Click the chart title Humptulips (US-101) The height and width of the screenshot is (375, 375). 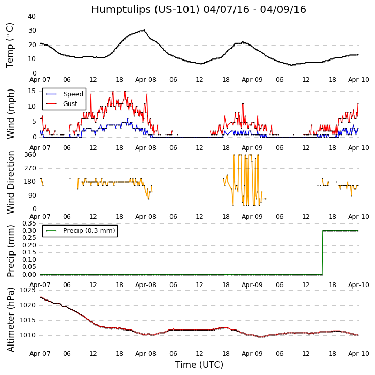198,10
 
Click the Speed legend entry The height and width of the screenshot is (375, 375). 73,94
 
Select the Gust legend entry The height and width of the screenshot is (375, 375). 70,104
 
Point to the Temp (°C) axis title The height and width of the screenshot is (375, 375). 10,45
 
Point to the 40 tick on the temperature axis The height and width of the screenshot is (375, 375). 32,17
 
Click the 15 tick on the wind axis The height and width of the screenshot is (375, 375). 32,91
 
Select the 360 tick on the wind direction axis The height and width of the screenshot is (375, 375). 29,155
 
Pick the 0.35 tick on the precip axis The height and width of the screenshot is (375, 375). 28,223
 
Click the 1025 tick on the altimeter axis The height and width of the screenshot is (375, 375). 27,290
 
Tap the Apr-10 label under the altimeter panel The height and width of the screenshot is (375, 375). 358,354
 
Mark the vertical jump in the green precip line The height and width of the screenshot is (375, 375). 322,252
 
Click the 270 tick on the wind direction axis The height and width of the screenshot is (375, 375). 29,168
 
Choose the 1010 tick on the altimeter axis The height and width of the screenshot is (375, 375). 27,335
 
